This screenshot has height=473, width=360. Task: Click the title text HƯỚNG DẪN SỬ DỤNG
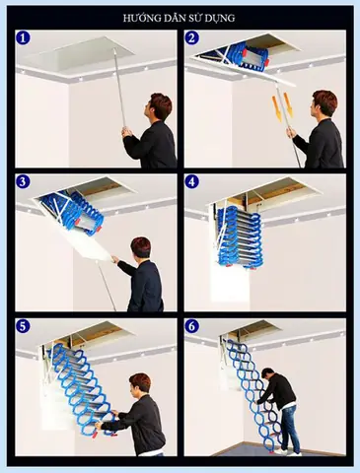click(180, 18)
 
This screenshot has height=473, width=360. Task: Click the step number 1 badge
click(25, 39)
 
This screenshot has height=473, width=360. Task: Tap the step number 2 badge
click(194, 39)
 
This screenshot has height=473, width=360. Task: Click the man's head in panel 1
click(160, 105)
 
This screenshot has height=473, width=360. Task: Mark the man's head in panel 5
click(139, 384)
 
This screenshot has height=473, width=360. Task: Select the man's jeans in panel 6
click(287, 429)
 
